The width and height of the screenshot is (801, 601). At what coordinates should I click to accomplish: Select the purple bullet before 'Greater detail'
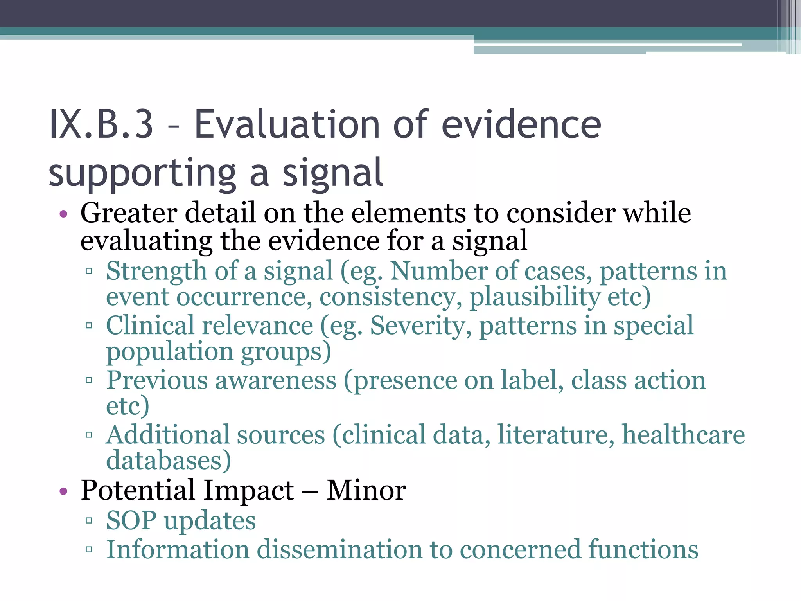63,214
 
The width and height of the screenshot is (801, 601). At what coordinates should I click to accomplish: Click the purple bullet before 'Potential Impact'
63,491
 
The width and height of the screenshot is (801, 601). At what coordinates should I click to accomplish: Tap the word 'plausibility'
534,297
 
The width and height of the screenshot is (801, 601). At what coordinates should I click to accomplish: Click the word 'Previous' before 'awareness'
156,380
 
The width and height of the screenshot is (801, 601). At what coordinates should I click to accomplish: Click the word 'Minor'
366,490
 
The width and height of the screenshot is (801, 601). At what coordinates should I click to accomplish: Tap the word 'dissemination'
339,549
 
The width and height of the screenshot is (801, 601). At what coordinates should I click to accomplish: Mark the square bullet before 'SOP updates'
89,521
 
